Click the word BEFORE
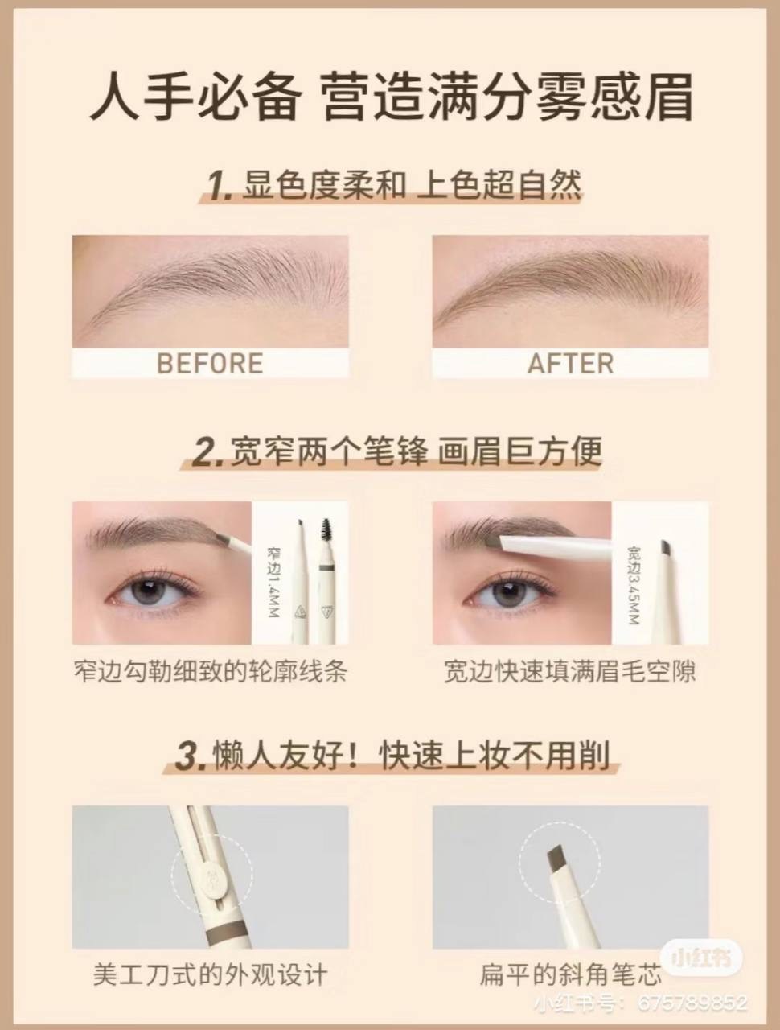tap(210, 363)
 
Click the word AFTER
tap(570, 363)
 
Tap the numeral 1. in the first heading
tap(220, 186)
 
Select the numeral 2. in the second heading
tap(207, 452)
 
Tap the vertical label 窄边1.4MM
tap(273, 582)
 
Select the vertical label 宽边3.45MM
tap(634, 585)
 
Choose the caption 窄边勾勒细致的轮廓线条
tap(210, 672)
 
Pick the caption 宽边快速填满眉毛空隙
tap(570, 672)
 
